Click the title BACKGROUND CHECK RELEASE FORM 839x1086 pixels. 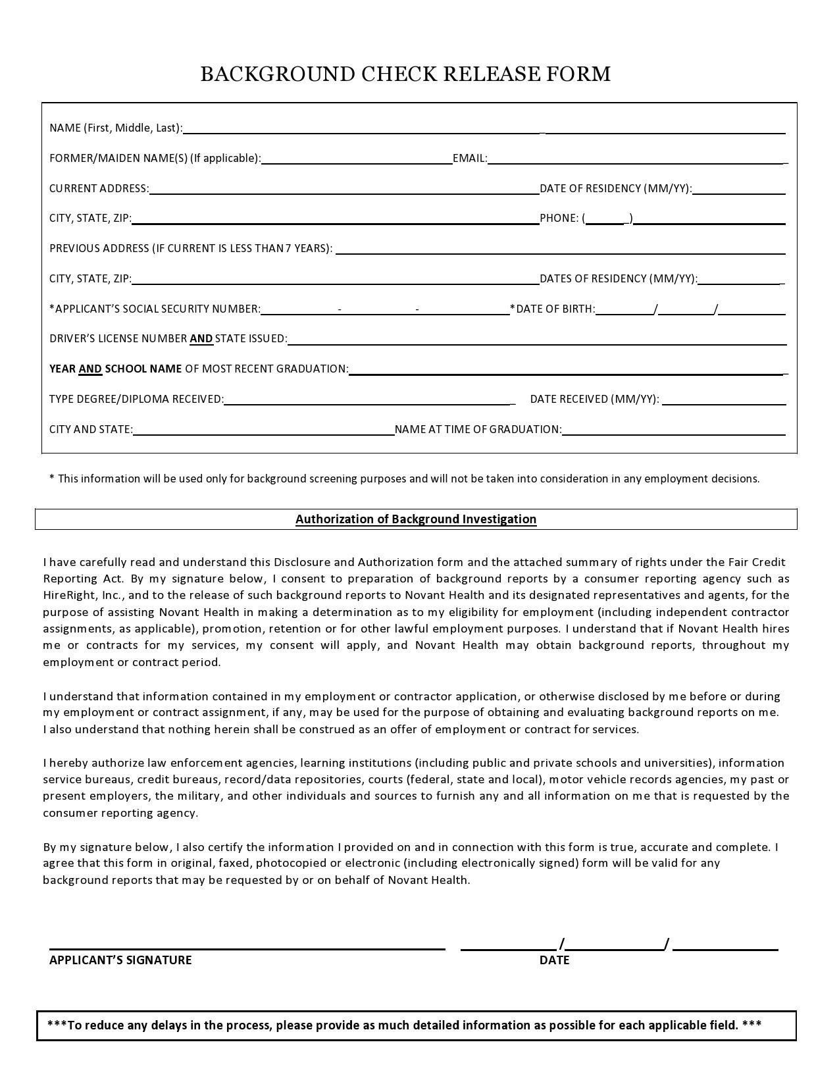click(405, 74)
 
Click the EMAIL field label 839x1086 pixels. click(470, 159)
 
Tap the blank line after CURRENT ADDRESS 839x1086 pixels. click(343, 190)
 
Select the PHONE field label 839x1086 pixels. click(559, 219)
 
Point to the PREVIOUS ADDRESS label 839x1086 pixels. click(191, 249)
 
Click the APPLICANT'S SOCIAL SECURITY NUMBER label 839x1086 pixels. click(155, 309)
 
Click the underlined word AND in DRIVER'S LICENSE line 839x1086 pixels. click(201, 339)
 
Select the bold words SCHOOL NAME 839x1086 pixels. click(143, 369)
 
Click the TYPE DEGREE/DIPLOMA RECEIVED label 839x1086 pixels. click(136, 399)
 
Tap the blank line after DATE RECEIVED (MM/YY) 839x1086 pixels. click(724, 401)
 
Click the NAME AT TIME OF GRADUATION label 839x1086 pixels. click(478, 430)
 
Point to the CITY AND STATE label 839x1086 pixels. click(91, 430)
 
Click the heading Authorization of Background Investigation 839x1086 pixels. click(416, 519)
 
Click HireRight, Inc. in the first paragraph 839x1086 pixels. click(81, 596)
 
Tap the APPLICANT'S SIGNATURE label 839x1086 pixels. click(120, 960)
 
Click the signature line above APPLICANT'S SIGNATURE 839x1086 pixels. click(247, 948)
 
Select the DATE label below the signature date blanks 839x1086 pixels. click(554, 960)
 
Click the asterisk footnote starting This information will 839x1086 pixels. click(404, 479)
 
